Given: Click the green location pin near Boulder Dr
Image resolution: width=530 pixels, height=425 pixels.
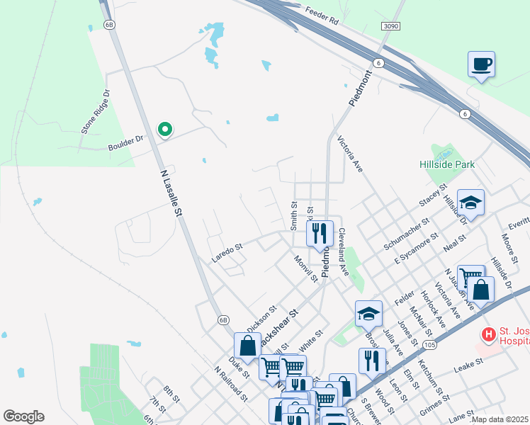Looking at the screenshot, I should (165, 130).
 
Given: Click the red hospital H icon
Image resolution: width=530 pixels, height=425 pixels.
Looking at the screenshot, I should (488, 334).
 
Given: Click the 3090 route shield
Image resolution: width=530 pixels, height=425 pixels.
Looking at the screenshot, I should (390, 26).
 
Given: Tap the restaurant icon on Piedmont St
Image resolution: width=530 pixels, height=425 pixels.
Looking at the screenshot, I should (320, 232).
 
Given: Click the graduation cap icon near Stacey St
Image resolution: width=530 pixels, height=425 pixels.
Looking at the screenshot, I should (470, 203).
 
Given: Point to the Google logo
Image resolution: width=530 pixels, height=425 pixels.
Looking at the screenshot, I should (23, 416).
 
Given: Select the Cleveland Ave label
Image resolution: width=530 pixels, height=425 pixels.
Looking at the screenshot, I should (343, 252).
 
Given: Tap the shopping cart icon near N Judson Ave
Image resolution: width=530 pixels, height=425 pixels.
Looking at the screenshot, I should (470, 277).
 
